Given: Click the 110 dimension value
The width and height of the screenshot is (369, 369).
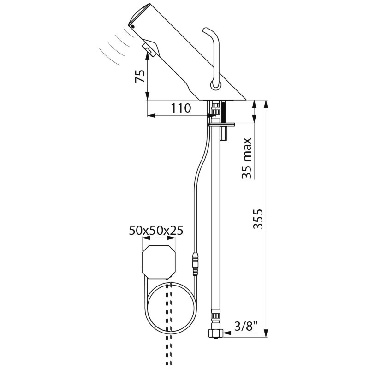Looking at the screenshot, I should (x=181, y=108).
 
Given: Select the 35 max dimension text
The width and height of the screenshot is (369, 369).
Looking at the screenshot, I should (x=247, y=158).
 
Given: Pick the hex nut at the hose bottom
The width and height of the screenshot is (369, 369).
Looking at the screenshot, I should (x=215, y=333).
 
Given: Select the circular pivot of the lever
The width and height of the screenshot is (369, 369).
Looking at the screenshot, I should (x=215, y=84).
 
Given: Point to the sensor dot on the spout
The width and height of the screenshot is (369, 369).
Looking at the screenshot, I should (x=132, y=27).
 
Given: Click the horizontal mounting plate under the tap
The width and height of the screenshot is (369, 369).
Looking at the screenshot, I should (x=221, y=124).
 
